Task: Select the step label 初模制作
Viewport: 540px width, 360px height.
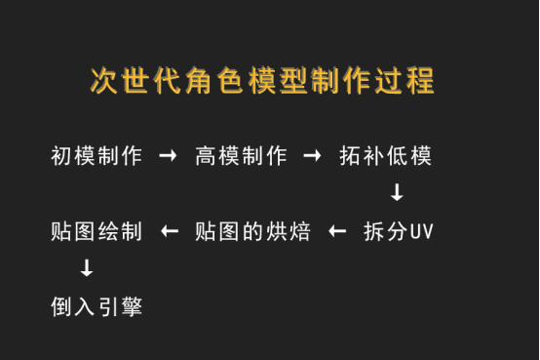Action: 96,156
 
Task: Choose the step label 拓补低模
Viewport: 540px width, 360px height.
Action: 386,156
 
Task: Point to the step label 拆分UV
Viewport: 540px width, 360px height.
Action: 398,232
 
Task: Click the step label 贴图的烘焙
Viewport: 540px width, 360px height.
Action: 252,232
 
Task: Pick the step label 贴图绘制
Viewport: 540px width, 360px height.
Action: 96,232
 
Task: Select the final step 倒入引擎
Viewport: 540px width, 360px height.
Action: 96,307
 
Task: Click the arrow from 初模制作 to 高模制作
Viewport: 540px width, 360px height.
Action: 168,156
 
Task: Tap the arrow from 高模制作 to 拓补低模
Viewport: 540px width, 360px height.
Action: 312,156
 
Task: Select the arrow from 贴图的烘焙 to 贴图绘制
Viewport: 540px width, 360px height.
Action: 170,232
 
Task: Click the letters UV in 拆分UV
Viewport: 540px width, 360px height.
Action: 420,233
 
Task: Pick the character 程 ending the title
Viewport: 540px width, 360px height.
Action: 421,80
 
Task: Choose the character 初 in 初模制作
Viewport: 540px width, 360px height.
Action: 61,156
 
